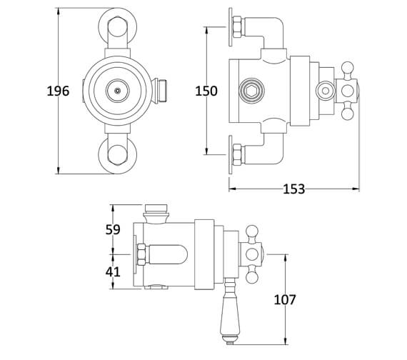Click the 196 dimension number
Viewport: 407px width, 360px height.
pos(58,91)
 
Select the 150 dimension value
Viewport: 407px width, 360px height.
pos(206,91)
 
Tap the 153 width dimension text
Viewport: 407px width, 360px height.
pos(293,189)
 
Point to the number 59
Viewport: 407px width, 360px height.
pos(112,229)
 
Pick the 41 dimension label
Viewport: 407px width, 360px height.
pos(112,271)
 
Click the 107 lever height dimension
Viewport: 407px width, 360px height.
pos(285,300)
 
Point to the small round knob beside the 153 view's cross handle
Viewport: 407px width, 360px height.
pos(325,90)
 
